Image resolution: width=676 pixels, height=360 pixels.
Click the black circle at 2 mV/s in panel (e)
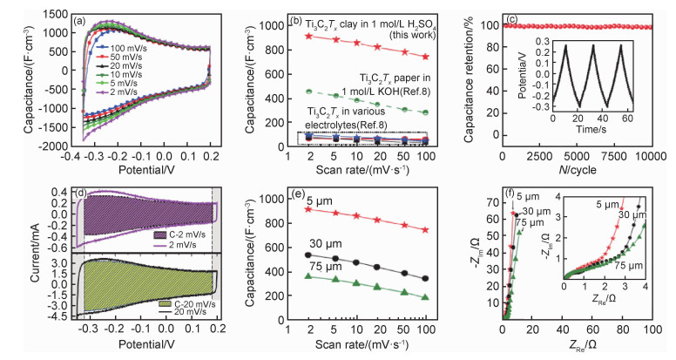pyautogui.click(x=307, y=255)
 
